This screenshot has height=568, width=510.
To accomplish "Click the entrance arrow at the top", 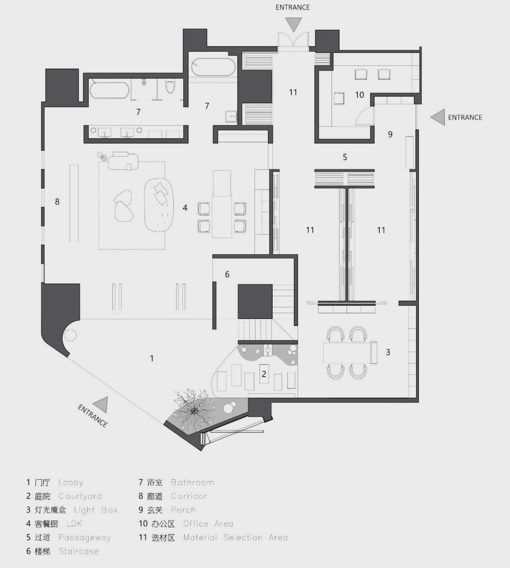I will pos(293,24).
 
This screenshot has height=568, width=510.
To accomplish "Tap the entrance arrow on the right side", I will pos(439,117).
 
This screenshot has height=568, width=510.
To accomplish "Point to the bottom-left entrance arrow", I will pos(101,405).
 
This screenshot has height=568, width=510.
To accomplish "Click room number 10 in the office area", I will pos(359,95).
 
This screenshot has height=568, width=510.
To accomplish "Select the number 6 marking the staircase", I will pos(227,275).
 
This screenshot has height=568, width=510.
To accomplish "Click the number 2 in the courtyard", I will pos(264,374).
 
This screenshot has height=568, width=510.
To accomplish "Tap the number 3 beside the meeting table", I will pos(388,352).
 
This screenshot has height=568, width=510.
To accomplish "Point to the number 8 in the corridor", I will pos(57,202).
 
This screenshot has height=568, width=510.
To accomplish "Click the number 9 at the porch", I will pos(390,135).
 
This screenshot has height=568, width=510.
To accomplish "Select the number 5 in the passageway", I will pos(345,157).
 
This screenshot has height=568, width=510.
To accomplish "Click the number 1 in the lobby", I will pos(152,359).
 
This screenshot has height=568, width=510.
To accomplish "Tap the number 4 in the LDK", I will pos(185,207).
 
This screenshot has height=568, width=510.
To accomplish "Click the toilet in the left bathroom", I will pos(170,87).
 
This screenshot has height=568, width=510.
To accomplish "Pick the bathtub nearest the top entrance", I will pos(213,67).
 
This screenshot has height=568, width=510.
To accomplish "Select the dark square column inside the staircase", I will pos(255,301).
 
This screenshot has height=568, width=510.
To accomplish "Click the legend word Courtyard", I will pos(80,496).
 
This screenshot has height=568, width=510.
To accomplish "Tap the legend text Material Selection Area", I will pos(235,537).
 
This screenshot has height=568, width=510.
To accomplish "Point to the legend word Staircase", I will pos(78,551).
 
